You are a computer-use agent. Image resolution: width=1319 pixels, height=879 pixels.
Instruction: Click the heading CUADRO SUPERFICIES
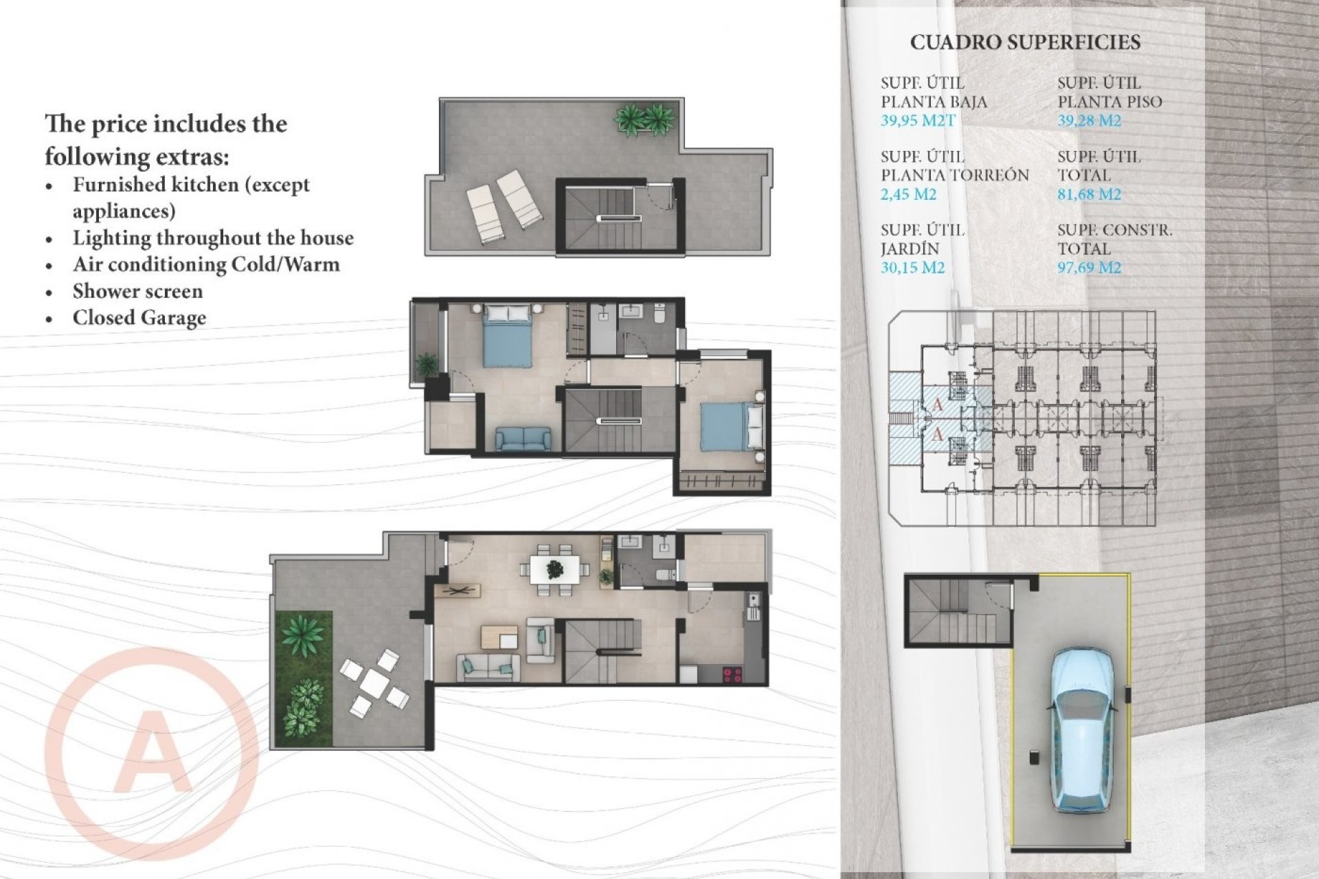click(x=1025, y=43)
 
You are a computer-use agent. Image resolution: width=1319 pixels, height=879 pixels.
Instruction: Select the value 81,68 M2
click(x=1089, y=194)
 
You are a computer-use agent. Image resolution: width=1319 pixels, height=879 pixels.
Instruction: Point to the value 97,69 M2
click(x=1089, y=268)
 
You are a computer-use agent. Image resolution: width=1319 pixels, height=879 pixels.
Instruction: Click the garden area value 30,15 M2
click(x=912, y=268)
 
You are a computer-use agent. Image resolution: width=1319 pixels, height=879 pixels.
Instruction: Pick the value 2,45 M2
click(x=908, y=194)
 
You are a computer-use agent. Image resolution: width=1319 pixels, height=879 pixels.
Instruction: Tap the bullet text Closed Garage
click(x=139, y=318)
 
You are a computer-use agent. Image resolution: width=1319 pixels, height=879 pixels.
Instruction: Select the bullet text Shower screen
click(x=137, y=291)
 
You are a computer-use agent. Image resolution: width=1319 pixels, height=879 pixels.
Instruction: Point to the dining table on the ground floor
click(x=554, y=569)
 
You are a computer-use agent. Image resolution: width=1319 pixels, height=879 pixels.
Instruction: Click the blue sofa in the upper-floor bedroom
click(x=523, y=439)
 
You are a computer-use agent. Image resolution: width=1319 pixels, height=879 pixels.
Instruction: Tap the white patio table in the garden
click(x=374, y=681)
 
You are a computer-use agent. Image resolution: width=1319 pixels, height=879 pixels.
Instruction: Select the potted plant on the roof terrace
click(x=644, y=118)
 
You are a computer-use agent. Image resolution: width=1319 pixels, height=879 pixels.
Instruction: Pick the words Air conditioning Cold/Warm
click(x=206, y=264)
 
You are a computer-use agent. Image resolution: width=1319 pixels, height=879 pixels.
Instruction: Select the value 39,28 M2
click(x=1089, y=121)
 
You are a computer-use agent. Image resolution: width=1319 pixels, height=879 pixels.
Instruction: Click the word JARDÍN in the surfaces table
click(x=910, y=249)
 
